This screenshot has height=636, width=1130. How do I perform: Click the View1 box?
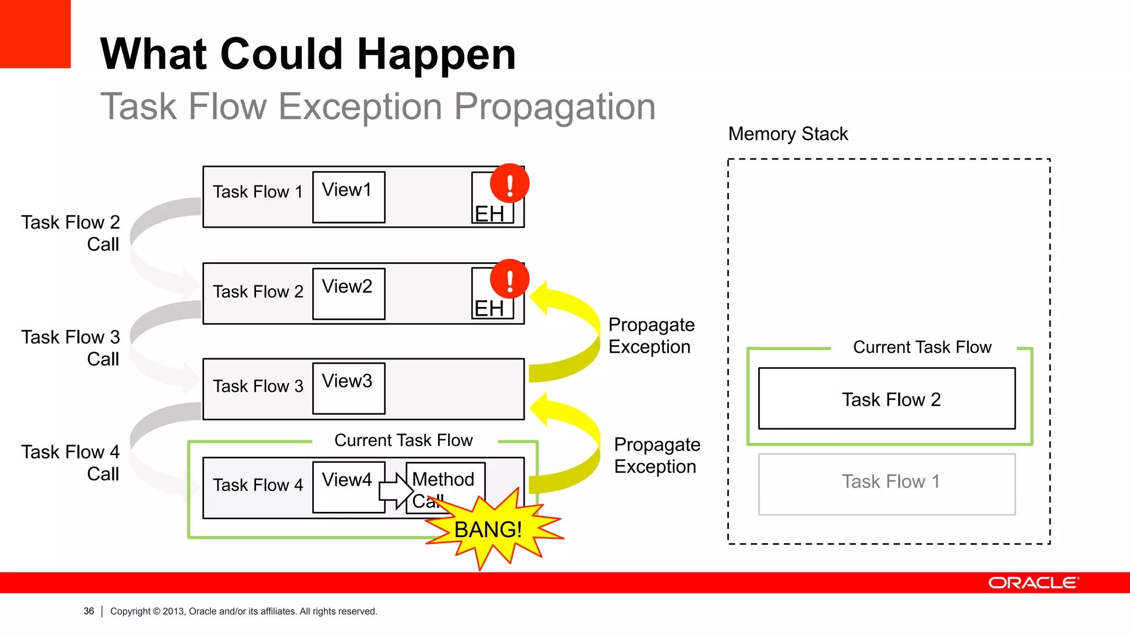tap(348, 197)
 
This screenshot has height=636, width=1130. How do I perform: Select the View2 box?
tap(348, 294)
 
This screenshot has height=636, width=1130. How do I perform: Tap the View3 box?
tap(348, 388)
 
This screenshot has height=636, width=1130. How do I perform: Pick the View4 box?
tap(348, 487)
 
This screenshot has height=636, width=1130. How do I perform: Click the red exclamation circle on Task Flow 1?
tap(509, 183)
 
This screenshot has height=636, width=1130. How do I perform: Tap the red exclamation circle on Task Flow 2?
tap(509, 279)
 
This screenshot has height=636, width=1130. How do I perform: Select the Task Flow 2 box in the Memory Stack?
tap(886, 399)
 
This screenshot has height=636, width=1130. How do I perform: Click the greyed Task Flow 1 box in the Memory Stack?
tap(886, 484)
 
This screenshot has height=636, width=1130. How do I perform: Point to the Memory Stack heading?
tap(787, 134)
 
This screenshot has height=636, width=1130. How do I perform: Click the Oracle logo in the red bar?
tap(1033, 583)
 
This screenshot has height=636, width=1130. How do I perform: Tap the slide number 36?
tap(89, 611)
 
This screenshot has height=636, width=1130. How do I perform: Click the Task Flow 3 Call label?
tap(71, 348)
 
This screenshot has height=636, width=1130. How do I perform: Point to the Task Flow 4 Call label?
tap(71, 463)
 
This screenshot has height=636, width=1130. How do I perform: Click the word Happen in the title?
tap(436, 54)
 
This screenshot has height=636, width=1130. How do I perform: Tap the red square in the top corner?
tap(35, 33)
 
